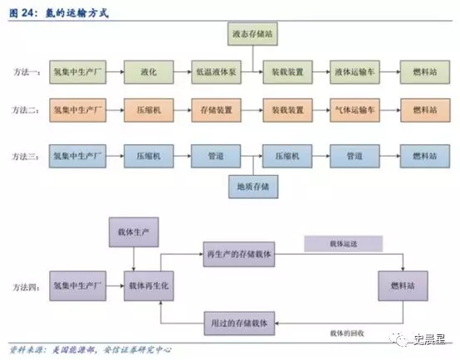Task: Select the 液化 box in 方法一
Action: point(148,72)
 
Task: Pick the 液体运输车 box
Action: point(355,72)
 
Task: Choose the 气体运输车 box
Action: point(355,109)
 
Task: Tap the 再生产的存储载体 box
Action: point(244,251)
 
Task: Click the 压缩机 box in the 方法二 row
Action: point(148,109)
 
